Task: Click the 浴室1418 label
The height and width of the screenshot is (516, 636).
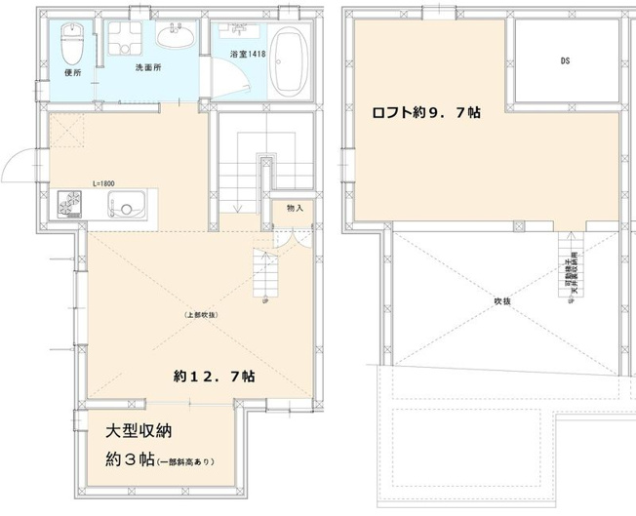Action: point(244,54)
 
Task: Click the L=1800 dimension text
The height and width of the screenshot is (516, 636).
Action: point(105,183)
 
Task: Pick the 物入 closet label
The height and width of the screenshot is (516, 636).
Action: point(295,207)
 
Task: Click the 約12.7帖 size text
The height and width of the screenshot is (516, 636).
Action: point(215,377)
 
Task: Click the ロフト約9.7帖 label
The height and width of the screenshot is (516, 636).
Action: point(424,112)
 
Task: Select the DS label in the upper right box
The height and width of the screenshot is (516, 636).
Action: point(565,60)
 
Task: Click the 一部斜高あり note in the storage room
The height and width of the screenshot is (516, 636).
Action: point(185,461)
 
